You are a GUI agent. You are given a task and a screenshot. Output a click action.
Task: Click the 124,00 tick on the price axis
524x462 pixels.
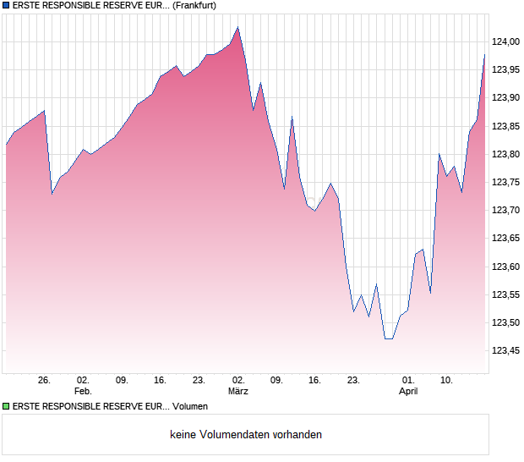(505, 41)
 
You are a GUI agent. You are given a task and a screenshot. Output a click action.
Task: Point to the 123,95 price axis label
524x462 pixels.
(505, 69)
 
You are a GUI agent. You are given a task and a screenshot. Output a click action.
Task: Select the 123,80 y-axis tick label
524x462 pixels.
(505, 154)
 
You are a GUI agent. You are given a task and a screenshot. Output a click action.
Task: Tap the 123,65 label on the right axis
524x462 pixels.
(505, 239)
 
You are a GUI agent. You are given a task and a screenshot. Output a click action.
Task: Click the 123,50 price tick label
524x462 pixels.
(505, 323)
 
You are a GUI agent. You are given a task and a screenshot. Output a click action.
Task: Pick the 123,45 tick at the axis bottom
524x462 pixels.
(505, 351)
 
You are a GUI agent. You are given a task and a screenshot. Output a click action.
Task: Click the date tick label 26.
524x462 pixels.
(45, 380)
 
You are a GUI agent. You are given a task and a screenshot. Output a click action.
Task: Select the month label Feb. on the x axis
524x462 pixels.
(83, 391)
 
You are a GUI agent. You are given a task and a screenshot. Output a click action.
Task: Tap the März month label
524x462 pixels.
(238, 391)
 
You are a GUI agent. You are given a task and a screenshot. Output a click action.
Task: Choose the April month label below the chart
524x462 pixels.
(408, 391)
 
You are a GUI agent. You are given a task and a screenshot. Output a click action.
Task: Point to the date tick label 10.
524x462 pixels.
(447, 380)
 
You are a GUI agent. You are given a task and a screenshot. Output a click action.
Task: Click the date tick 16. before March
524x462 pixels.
(161, 380)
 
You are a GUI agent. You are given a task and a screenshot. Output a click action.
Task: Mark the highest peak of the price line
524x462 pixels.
(238, 27)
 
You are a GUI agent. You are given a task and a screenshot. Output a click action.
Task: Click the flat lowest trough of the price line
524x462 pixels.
(389, 338)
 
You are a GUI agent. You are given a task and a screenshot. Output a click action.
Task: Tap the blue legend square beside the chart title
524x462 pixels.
(6, 6)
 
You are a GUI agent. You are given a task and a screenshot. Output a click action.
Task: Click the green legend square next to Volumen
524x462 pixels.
(6, 407)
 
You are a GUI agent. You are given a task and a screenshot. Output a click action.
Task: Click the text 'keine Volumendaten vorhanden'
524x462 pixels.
(246, 435)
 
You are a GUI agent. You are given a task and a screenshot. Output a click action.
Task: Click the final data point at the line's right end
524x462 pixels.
(485, 55)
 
